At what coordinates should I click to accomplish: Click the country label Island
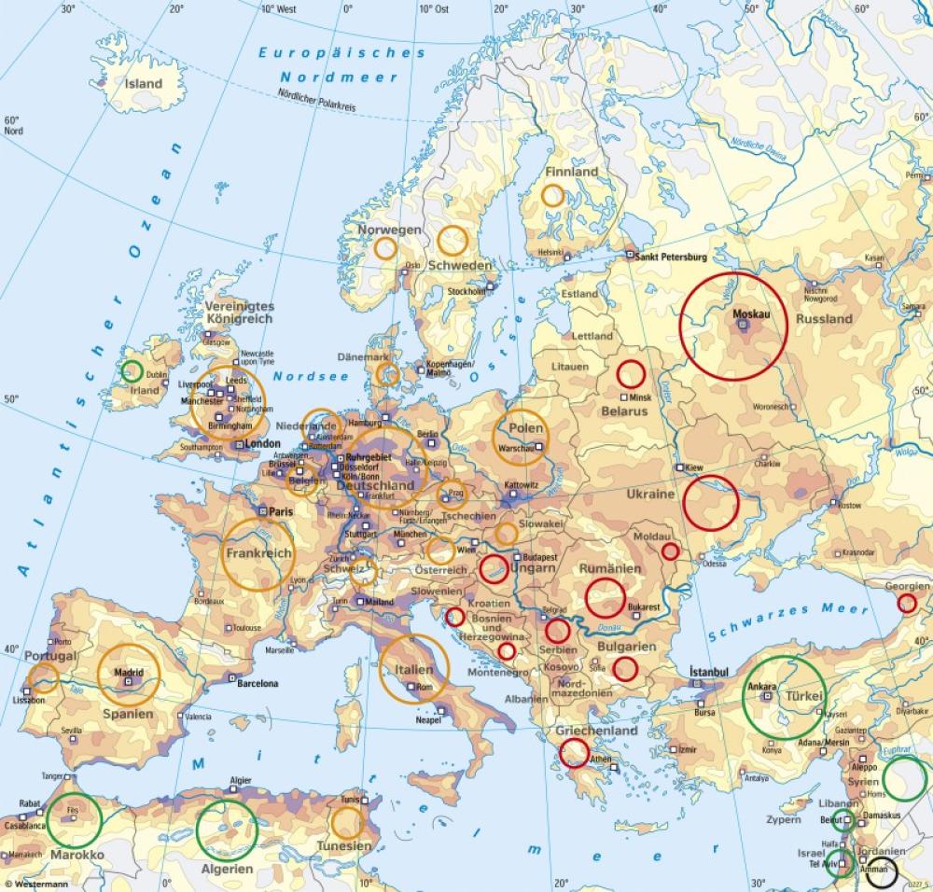144,84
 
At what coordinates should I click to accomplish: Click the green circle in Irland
132,371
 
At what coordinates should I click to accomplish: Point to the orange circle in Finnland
552,195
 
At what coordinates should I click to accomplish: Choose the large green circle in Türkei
784,697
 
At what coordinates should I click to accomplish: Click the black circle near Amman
882,873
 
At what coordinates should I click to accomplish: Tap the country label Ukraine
650,494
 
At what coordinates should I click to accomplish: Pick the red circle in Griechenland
573,754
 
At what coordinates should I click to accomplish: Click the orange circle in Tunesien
347,822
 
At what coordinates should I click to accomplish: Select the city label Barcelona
258,684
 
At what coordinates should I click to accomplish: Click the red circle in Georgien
906,604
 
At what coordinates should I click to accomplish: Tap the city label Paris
281,511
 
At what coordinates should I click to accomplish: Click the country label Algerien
226,869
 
